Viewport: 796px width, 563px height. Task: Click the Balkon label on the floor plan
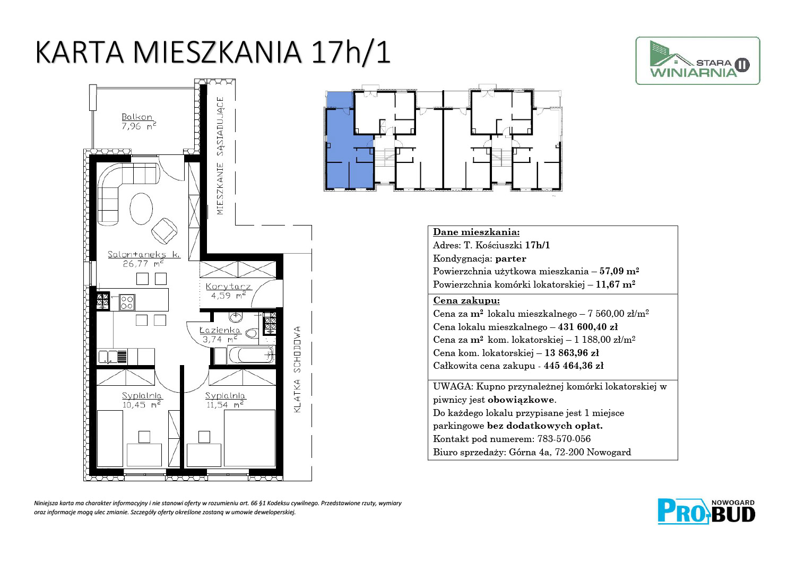(x=137, y=117)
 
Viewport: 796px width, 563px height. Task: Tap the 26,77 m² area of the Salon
(x=143, y=264)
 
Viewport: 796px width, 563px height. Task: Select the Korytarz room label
(x=228, y=286)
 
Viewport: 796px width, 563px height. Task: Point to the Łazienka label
(x=220, y=330)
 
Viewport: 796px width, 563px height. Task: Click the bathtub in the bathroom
(x=251, y=354)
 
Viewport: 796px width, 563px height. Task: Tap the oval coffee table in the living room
(x=141, y=209)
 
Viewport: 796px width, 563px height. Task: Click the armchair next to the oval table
(x=164, y=231)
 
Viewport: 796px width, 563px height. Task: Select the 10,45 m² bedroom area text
(x=142, y=404)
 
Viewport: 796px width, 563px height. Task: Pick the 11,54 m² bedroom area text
(x=225, y=404)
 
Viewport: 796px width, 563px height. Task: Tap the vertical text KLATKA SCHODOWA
(x=297, y=369)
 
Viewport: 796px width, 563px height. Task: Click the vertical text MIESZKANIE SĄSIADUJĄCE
(x=220, y=155)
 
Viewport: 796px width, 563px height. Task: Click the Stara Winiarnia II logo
(x=698, y=61)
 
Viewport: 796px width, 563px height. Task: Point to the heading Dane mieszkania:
(x=476, y=232)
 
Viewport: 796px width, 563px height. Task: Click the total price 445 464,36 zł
(x=574, y=366)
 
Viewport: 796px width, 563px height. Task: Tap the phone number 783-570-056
(x=564, y=439)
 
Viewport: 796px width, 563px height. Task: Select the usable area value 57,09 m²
(x=619, y=271)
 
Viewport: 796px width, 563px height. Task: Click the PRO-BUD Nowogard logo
(x=706, y=512)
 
